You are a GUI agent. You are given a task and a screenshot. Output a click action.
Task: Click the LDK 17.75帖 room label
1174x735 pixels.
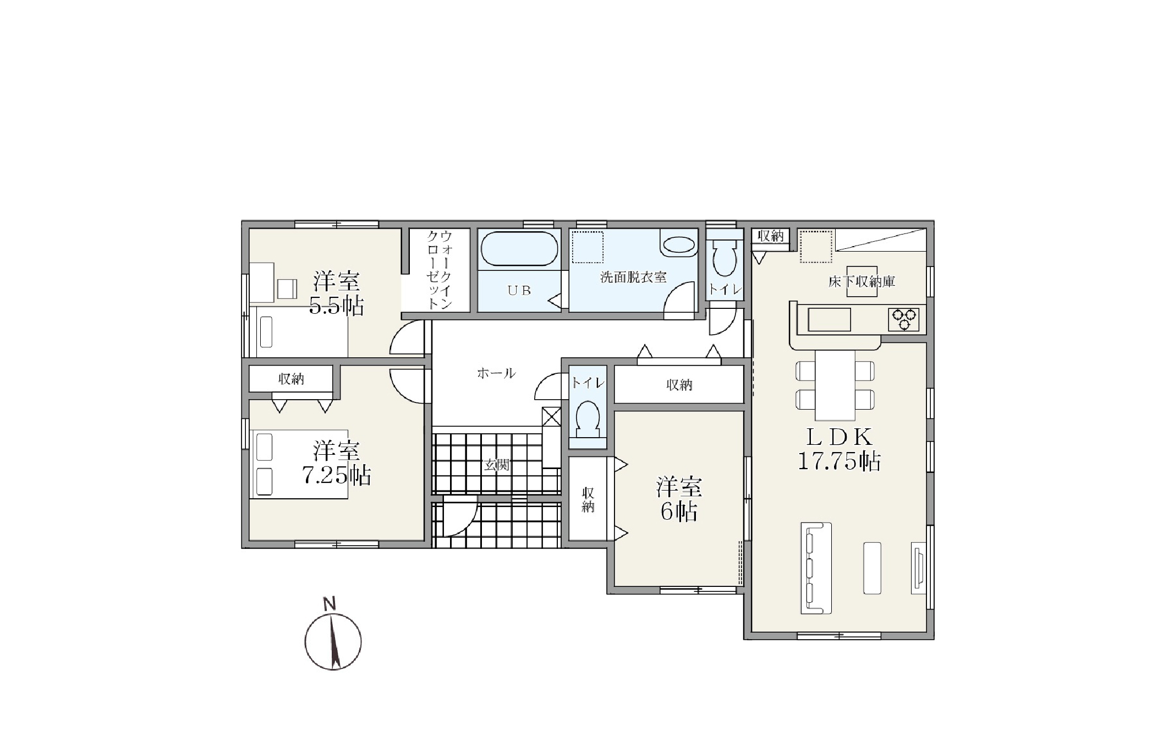pyautogui.click(x=839, y=449)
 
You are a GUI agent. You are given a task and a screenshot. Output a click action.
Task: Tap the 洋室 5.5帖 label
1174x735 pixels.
pyautogui.click(x=337, y=293)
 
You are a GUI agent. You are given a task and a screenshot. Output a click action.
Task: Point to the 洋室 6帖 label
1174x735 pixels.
pyautogui.click(x=679, y=500)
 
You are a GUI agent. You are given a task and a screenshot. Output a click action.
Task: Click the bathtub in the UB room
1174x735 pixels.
pyautogui.click(x=519, y=249)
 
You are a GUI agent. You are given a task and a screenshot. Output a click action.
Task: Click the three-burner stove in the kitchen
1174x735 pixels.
pyautogui.click(x=903, y=319)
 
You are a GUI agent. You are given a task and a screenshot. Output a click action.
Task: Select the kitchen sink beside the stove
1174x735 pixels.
pyautogui.click(x=829, y=319)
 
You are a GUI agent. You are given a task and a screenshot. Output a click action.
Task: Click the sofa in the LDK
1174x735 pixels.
pyautogui.click(x=815, y=568)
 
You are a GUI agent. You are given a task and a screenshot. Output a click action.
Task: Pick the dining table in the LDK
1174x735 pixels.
pyautogui.click(x=835, y=385)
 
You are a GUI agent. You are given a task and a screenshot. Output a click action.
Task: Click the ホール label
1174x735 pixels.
pyautogui.click(x=496, y=373)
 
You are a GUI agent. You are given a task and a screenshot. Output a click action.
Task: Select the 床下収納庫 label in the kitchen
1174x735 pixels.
pyautogui.click(x=862, y=282)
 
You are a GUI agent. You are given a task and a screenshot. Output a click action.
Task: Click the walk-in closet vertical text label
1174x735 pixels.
pyautogui.click(x=440, y=270)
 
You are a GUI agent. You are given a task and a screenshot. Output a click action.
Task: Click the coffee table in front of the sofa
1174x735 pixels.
pyautogui.click(x=872, y=568)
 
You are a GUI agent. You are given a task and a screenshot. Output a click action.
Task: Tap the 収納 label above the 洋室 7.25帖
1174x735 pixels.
pyautogui.click(x=291, y=379)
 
